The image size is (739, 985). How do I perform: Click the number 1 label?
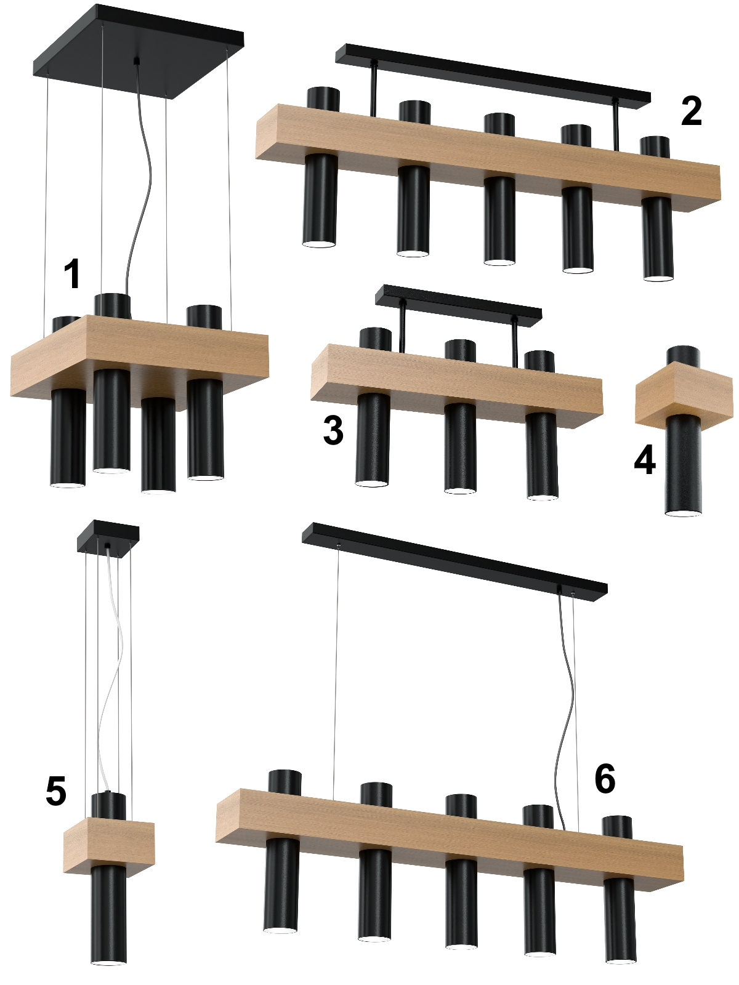[x=72, y=273]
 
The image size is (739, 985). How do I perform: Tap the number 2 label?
[x=691, y=112]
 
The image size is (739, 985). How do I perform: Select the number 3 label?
[x=333, y=430]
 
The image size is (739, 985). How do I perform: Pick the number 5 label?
[x=56, y=791]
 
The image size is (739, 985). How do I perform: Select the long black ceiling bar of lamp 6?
[x=454, y=563]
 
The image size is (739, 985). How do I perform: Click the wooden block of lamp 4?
[x=684, y=395]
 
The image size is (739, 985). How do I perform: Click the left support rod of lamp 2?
[x=373, y=90]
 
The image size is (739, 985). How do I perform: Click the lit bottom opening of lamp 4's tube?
[x=683, y=513]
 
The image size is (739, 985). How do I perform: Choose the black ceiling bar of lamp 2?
[x=493, y=76]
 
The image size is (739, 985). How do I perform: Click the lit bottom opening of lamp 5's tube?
[x=109, y=961]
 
